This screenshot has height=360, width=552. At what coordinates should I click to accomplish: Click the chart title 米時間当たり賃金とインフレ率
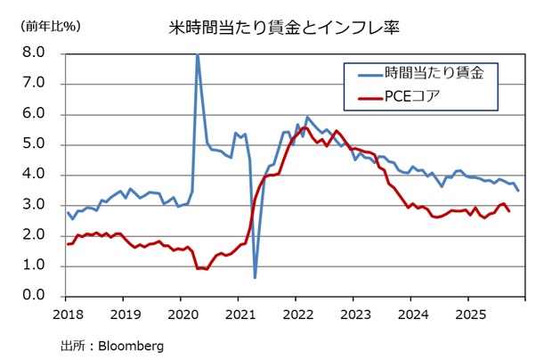(x=282, y=27)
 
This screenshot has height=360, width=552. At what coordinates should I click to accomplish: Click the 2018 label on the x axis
(x=69, y=314)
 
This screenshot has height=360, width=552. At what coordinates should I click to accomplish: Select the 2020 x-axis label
(x=183, y=314)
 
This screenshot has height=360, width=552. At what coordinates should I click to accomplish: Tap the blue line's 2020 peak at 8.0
(x=197, y=54)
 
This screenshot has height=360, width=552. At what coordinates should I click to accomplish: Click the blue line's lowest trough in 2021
(x=255, y=277)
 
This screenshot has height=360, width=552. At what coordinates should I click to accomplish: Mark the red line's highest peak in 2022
(x=304, y=128)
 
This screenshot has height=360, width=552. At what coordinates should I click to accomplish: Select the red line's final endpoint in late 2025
(x=509, y=211)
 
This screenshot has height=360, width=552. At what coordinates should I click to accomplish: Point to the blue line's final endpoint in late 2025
(x=519, y=191)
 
